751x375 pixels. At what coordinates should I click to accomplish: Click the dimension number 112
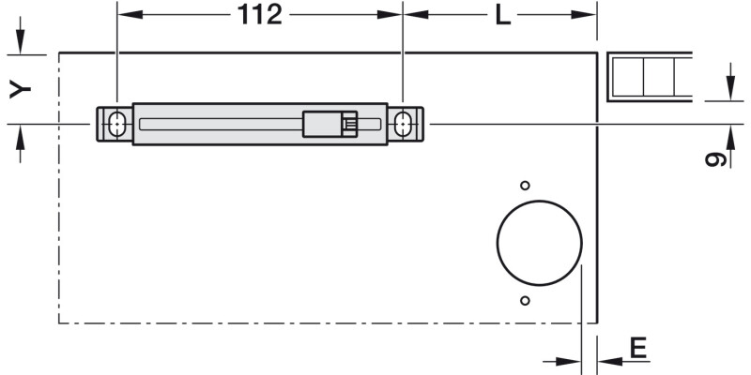[260, 15]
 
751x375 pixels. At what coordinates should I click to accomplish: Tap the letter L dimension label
[503, 16]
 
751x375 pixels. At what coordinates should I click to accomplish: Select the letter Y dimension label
[20, 89]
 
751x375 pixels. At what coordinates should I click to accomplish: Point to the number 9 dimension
[716, 158]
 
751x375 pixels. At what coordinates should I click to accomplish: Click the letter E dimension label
[638, 348]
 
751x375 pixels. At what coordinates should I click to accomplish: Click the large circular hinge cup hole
[539, 243]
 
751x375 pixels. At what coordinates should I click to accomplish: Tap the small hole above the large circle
[525, 186]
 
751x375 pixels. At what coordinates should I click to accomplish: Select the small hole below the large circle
[525, 301]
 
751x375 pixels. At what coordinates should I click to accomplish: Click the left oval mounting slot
[116, 125]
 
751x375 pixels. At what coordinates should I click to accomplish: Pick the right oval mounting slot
[403, 125]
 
